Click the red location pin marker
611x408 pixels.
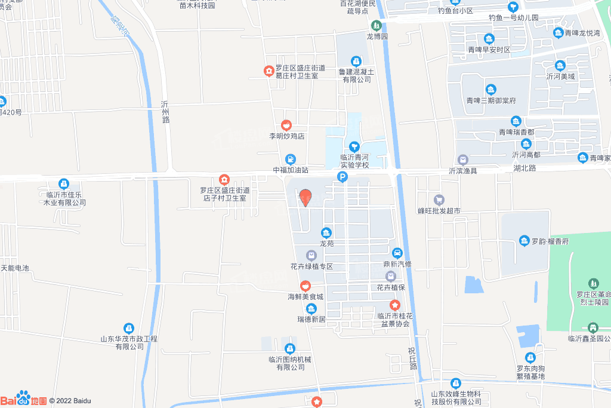305,197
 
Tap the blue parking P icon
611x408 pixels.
342,177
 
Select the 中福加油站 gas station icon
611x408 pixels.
290,159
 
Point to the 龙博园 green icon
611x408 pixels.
377,26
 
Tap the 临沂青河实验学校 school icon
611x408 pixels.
354,146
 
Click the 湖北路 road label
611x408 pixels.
525,170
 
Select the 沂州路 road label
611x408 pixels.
165,112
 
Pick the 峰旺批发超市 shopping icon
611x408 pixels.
439,200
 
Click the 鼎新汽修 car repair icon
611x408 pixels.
397,253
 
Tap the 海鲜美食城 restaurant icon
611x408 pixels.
305,286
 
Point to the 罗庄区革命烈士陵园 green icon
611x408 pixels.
593,283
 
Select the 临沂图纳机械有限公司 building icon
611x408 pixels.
290,348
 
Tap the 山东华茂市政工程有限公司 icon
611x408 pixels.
128,328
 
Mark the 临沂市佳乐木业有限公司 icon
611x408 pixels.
63,183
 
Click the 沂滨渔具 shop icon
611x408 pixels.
462,159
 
